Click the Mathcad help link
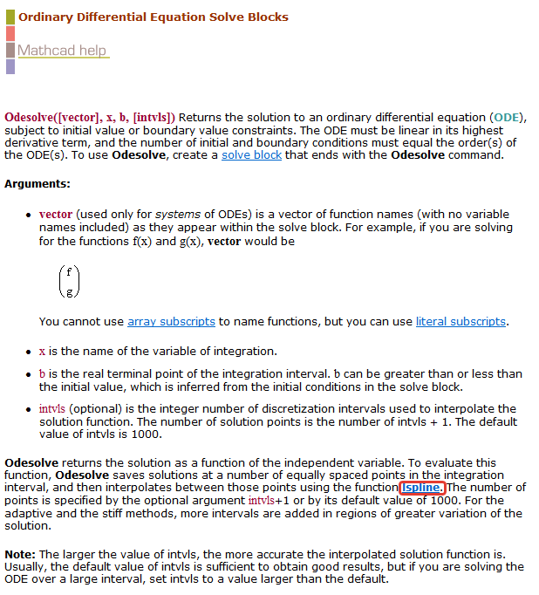point(62,51)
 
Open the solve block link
point(251,155)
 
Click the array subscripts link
point(171,322)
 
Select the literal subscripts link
point(461,322)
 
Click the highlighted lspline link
point(423,488)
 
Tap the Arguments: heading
point(37,184)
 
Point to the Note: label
point(20,555)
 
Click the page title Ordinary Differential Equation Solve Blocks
point(154,17)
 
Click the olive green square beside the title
point(10,17)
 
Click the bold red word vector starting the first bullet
point(56,214)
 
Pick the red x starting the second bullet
point(42,352)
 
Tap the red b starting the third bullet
point(42,374)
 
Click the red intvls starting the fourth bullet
point(51,408)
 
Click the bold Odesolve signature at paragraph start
point(90,117)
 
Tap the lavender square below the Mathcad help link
point(10,66)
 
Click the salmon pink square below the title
point(10,34)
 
